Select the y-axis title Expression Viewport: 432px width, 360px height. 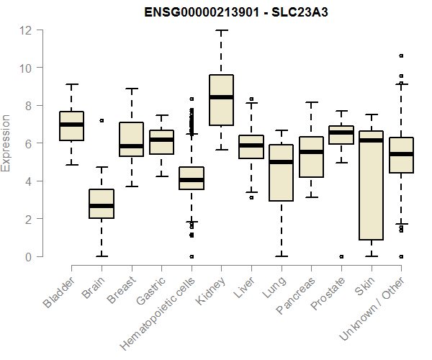point(7,143)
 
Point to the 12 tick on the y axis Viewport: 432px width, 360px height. point(26,30)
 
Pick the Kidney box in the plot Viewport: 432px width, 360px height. point(221,100)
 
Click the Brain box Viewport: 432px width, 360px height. point(102,204)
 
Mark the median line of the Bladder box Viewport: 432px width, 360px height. point(71,125)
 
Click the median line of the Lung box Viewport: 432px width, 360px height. point(281,162)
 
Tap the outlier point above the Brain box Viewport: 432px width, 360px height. point(102,120)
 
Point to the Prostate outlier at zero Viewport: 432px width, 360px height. point(341,256)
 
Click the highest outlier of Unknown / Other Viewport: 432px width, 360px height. point(401,55)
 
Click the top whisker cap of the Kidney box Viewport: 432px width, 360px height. point(221,30)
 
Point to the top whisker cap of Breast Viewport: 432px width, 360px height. point(131,89)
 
